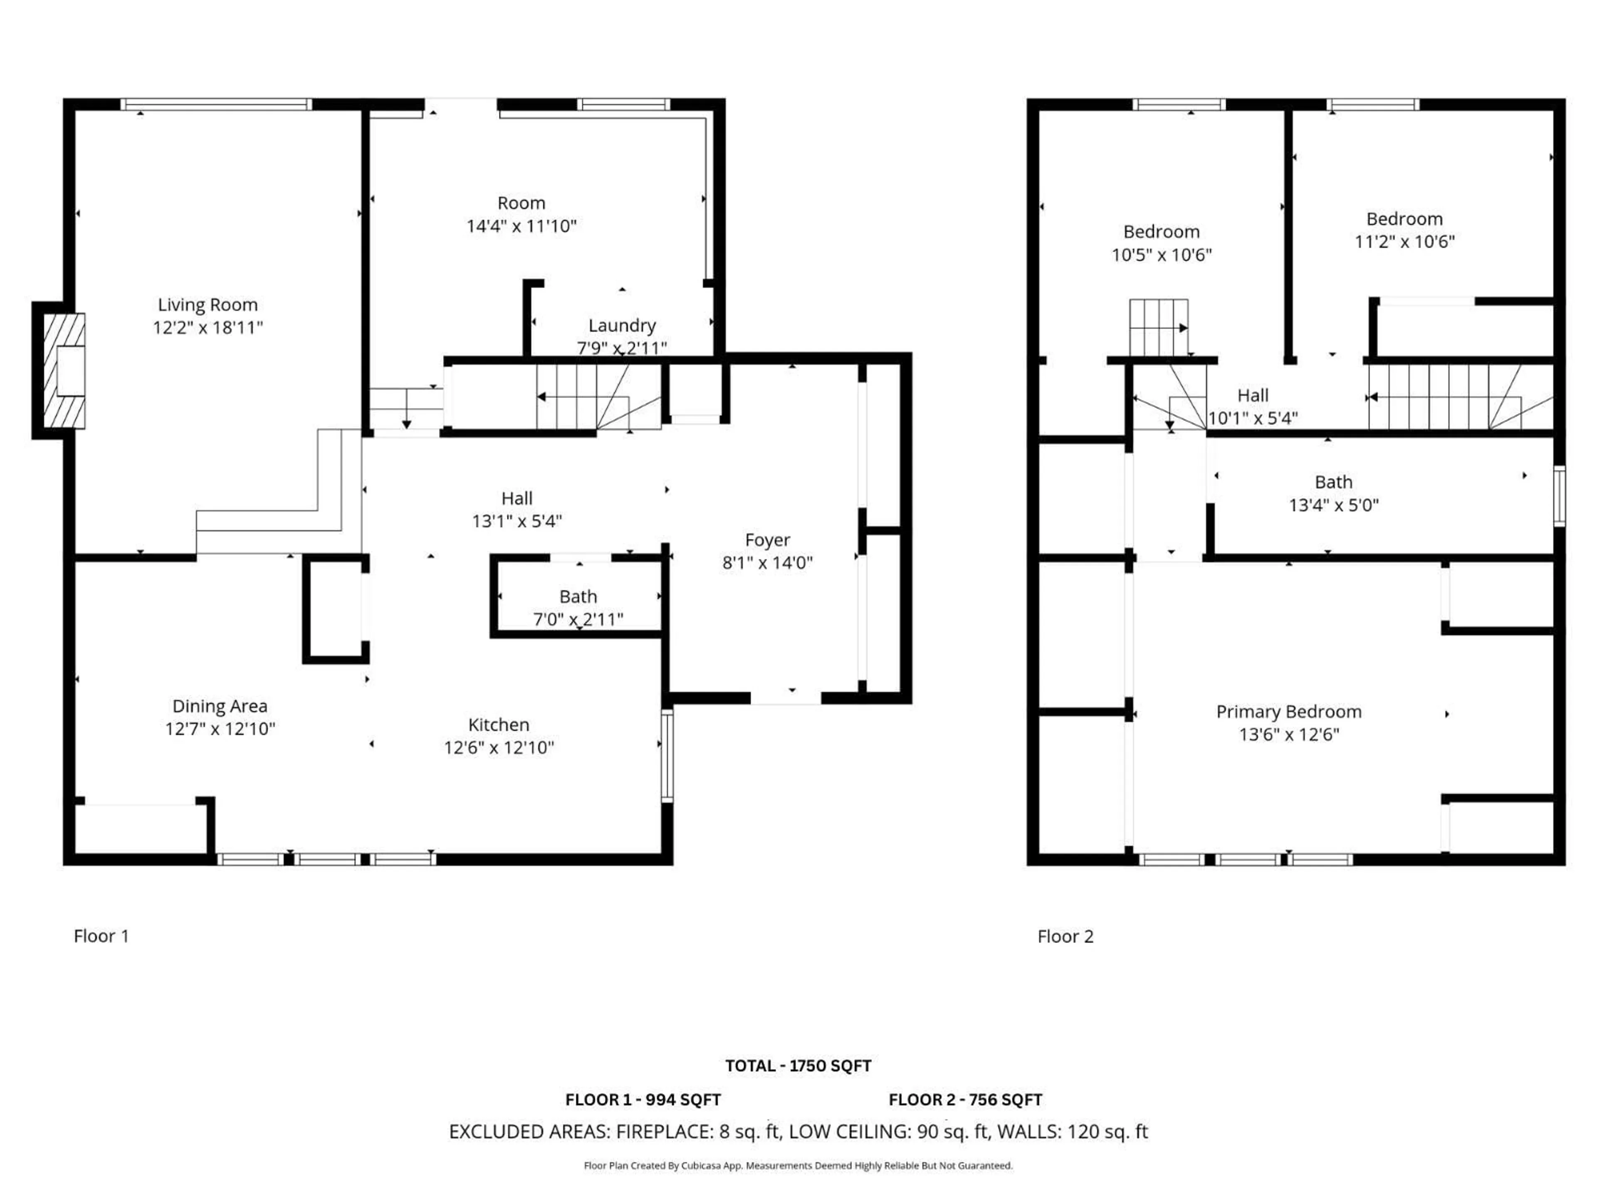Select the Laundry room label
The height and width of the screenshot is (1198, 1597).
(622, 326)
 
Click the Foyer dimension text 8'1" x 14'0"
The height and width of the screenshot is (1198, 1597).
(767, 562)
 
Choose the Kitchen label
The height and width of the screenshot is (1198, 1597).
(498, 724)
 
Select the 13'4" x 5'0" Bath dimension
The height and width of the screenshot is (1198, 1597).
(1333, 505)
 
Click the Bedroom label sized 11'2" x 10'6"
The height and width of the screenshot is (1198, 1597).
(1404, 219)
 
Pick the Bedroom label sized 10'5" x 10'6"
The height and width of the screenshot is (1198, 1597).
(1161, 232)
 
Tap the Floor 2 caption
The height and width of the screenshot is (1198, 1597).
(1065, 937)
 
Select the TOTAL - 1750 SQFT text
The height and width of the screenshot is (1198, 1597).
(798, 1066)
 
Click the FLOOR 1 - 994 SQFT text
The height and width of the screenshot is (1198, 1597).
(643, 1100)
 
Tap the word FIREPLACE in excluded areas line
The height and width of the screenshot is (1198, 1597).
(664, 1131)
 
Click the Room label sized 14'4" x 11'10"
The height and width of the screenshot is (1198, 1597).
(521, 203)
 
